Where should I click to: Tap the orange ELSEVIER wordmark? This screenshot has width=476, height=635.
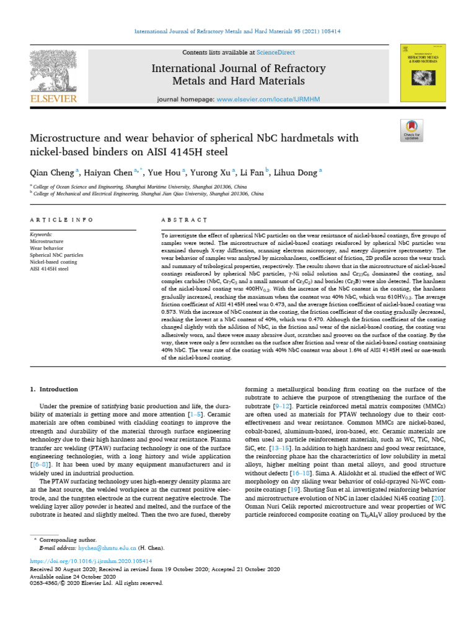click(x=54, y=99)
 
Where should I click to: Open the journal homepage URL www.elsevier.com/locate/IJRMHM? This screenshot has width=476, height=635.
click(x=260, y=99)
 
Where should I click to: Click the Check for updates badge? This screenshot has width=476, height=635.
click(x=412, y=131)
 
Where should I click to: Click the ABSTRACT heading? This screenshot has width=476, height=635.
click(x=183, y=220)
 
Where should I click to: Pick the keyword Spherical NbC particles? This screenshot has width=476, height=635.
click(x=56, y=255)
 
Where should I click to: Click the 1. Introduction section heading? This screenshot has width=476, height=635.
click(x=55, y=389)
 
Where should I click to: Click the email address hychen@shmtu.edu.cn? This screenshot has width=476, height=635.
click(x=107, y=549)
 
